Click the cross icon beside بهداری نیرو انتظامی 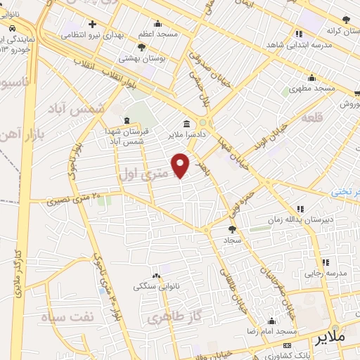click(x=93, y=24)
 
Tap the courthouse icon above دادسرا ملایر click(x=186, y=122)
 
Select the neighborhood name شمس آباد click(x=76, y=109)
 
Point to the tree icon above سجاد click(x=232, y=229)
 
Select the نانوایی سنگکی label click(x=156, y=287)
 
